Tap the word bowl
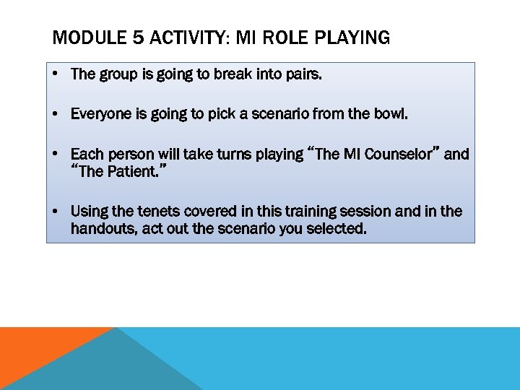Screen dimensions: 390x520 [391, 114]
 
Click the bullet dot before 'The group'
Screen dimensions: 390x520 [55, 74]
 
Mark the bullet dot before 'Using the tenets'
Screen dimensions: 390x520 [55, 211]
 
